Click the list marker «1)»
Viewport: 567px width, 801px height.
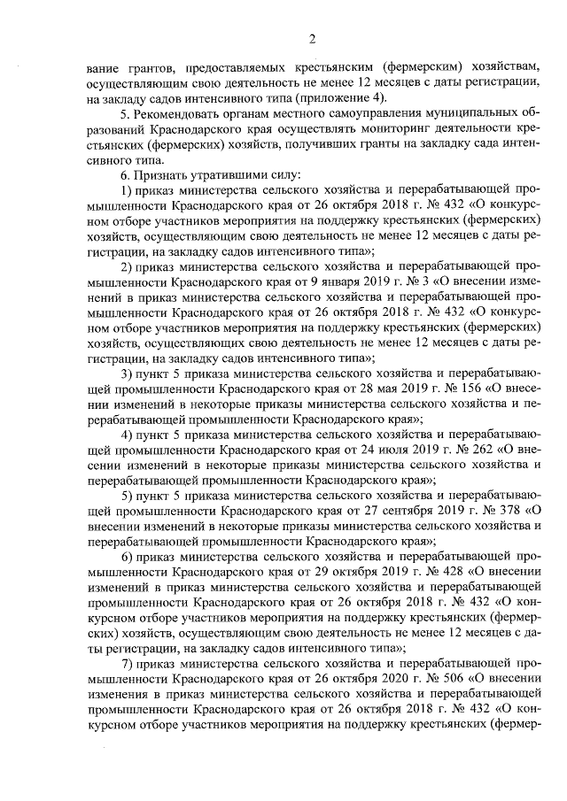coord(127,190)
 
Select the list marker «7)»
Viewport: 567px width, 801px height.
coord(127,662)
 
